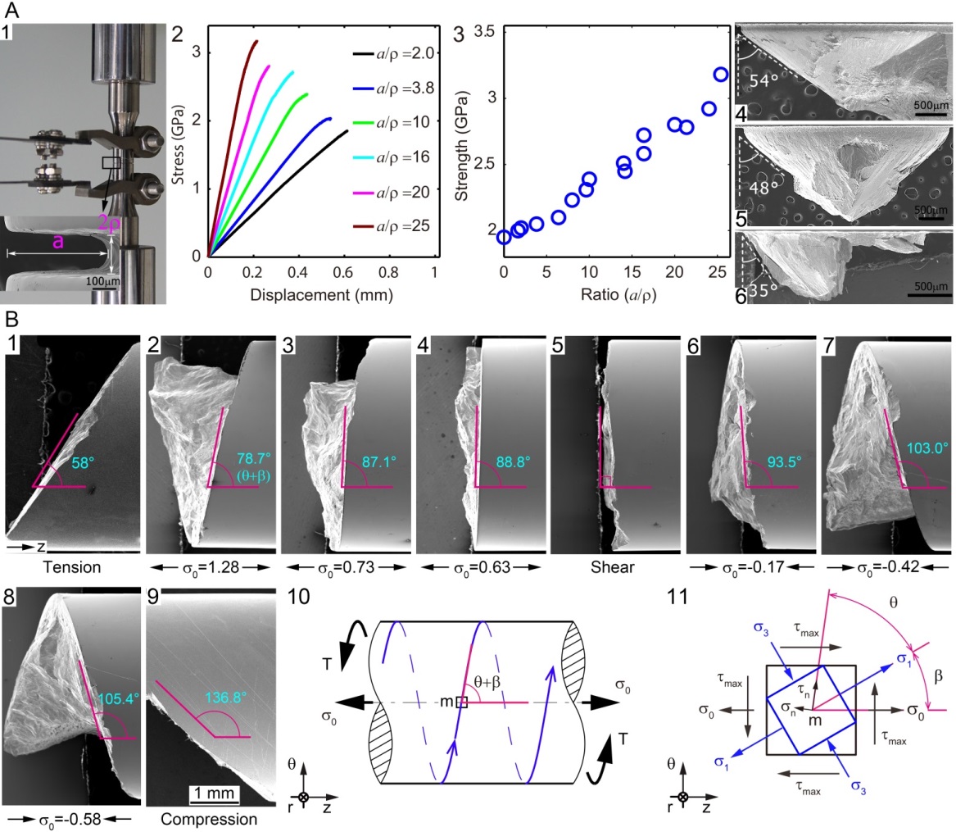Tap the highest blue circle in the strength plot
click(721, 75)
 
